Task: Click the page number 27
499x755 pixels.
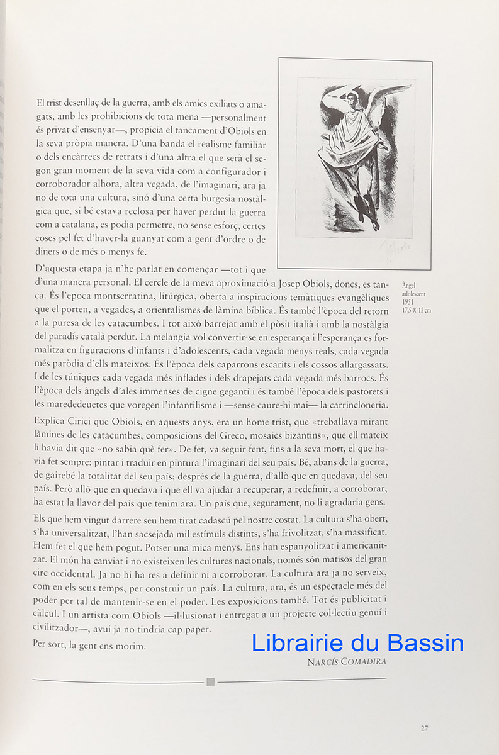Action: [425, 728]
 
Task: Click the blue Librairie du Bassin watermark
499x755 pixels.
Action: [357, 643]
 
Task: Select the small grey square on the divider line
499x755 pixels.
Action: [211, 681]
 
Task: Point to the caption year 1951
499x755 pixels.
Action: [408, 301]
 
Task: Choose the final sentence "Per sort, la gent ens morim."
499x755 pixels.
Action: [90, 646]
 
